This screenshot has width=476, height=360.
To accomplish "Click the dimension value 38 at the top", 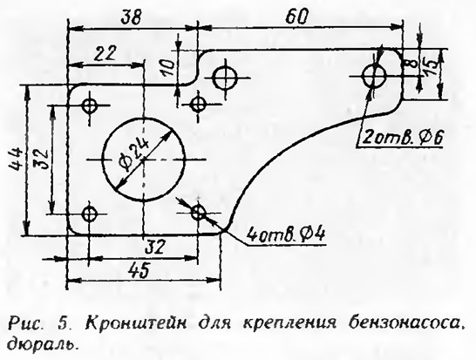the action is tap(132, 18).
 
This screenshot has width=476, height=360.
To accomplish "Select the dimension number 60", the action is tap(296, 16).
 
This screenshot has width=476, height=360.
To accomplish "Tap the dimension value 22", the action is tap(105, 53).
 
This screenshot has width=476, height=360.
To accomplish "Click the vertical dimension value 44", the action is tap(15, 160).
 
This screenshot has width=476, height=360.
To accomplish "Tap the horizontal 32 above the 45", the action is tap(156, 247).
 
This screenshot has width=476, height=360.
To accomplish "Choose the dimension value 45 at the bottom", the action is tap(139, 270).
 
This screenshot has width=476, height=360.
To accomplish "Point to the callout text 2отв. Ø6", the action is tap(401, 137).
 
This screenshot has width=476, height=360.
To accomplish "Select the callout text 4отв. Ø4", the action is tap(286, 234).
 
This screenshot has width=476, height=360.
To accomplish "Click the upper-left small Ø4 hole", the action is tap(89, 105).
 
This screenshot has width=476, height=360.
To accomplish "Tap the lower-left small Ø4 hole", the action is tap(89, 214).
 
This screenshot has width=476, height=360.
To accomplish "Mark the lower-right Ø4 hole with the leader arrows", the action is tap(198, 213).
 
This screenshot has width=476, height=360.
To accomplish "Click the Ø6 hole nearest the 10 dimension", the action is tap(225, 78).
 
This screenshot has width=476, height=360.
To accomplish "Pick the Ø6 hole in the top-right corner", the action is tap(374, 76).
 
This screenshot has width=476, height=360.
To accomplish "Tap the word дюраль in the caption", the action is tap(42, 344).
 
